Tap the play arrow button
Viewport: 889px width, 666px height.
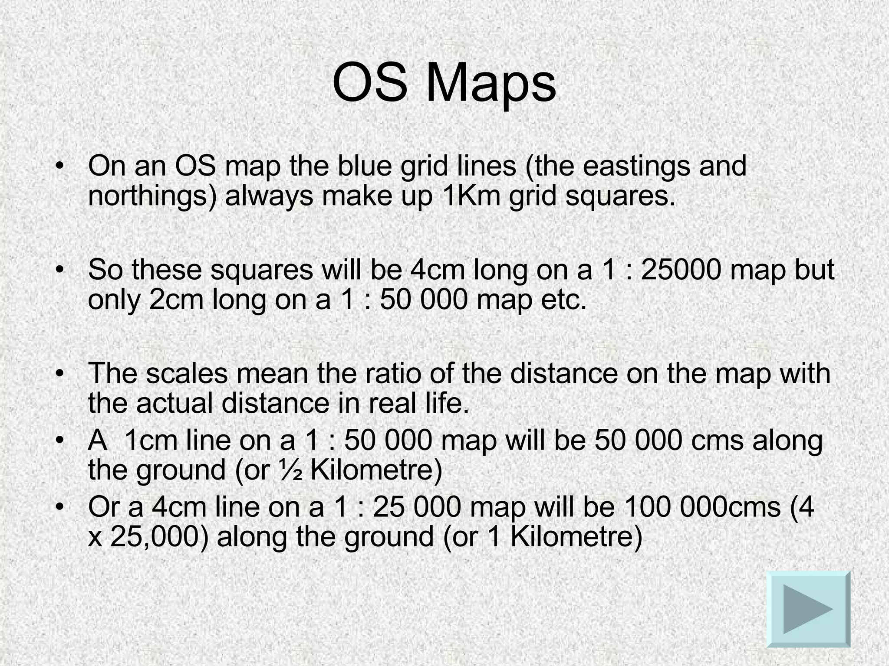[x=808, y=609]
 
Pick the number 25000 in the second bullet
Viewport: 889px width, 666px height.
[x=681, y=270]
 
